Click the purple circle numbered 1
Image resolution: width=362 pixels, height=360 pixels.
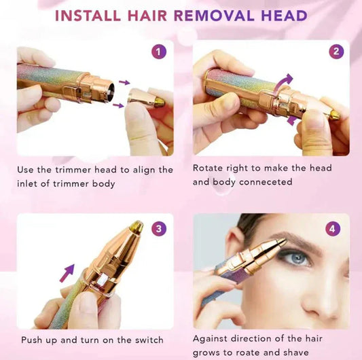pyautogui.click(x=159, y=52)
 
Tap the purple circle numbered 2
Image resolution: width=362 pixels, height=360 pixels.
pyautogui.click(x=336, y=52)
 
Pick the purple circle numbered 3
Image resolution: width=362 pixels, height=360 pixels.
pyautogui.click(x=159, y=229)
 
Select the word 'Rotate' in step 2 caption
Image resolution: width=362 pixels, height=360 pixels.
pyautogui.click(x=209, y=168)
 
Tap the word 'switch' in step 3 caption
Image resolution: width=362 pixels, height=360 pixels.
pyautogui.click(x=148, y=340)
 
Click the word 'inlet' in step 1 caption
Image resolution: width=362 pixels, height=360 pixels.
pyautogui.click(x=31, y=183)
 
